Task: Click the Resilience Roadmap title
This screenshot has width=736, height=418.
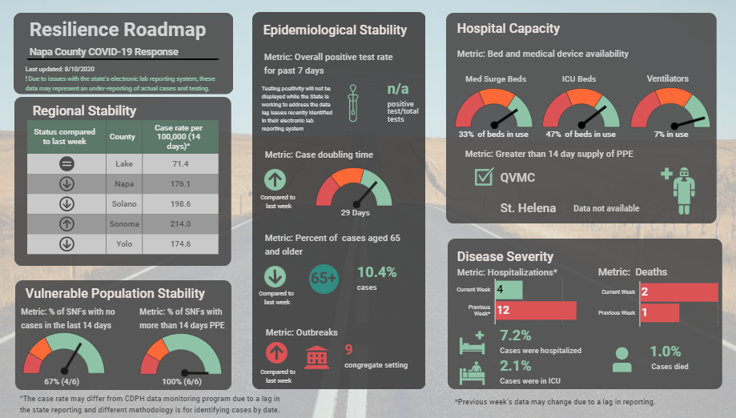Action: click(118, 30)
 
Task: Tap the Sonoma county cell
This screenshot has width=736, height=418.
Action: click(123, 223)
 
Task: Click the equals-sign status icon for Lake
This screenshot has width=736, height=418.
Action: click(67, 163)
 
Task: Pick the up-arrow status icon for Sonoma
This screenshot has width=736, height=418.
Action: click(67, 223)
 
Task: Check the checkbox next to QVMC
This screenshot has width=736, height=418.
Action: click(484, 177)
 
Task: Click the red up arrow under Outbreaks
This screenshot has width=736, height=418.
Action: click(275, 353)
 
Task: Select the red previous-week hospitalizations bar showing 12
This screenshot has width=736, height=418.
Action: click(536, 309)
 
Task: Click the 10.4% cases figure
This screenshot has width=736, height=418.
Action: click(376, 272)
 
